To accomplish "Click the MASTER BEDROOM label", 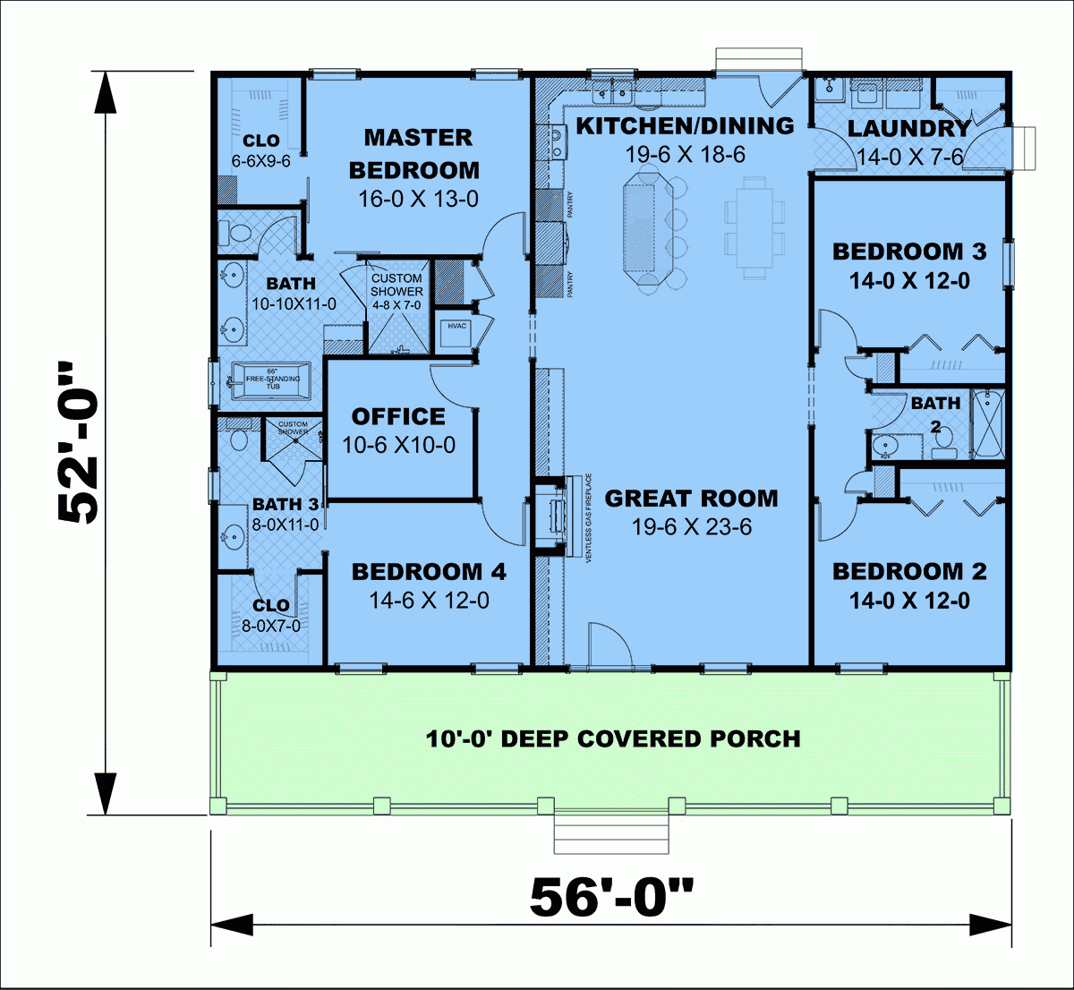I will pyautogui.click(x=417, y=153).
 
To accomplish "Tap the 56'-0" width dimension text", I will pyautogui.click(x=611, y=897).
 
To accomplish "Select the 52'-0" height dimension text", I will pyautogui.click(x=80, y=442).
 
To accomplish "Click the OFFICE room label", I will pyautogui.click(x=398, y=417).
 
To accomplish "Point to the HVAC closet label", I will pyautogui.click(x=457, y=327).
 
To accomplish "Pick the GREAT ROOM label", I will pyautogui.click(x=691, y=499).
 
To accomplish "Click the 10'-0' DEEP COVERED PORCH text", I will pyautogui.click(x=612, y=739).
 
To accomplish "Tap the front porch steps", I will pyautogui.click(x=612, y=834).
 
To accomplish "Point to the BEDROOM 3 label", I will pyautogui.click(x=908, y=252).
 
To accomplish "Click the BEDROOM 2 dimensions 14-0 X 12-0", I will pyautogui.click(x=908, y=601).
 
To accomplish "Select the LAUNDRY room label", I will pyautogui.click(x=908, y=129).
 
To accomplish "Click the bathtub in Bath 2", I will pyautogui.click(x=988, y=422).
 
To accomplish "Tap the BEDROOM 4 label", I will pyautogui.click(x=429, y=572).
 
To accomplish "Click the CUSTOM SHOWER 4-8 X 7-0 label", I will pyautogui.click(x=396, y=292).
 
